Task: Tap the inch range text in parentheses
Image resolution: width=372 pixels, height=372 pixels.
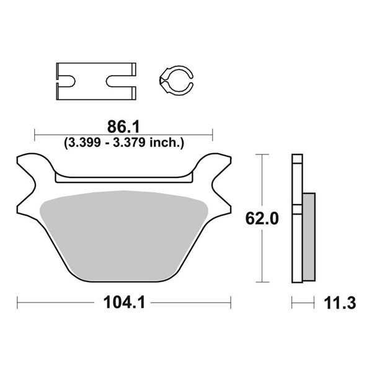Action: pos(124,143)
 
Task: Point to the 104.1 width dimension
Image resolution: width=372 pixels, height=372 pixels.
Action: pos(124,303)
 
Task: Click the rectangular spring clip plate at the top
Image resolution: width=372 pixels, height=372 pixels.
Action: pos(96,81)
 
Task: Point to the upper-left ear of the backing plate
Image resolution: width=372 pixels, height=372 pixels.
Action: pos(31,167)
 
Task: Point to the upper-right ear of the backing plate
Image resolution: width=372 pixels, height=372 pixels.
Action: pos(217,167)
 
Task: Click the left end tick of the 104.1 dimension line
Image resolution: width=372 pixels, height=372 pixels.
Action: pos(18,303)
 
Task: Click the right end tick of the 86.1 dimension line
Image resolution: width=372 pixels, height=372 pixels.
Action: pos(213,132)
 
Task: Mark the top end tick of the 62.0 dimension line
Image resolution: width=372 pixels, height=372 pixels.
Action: pos(263,154)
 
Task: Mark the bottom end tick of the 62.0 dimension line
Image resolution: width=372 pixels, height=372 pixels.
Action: pos(263,283)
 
